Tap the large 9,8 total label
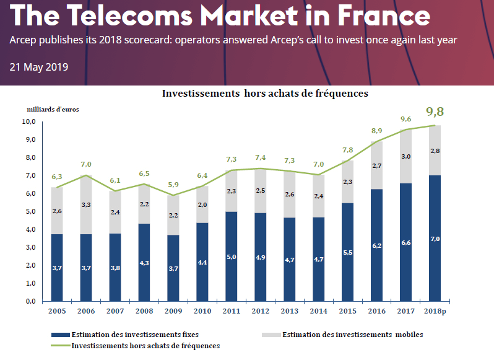point(435,112)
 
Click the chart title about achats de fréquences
point(265,94)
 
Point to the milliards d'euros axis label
point(53,109)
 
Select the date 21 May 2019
point(39,67)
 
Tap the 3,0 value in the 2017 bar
point(407,156)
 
